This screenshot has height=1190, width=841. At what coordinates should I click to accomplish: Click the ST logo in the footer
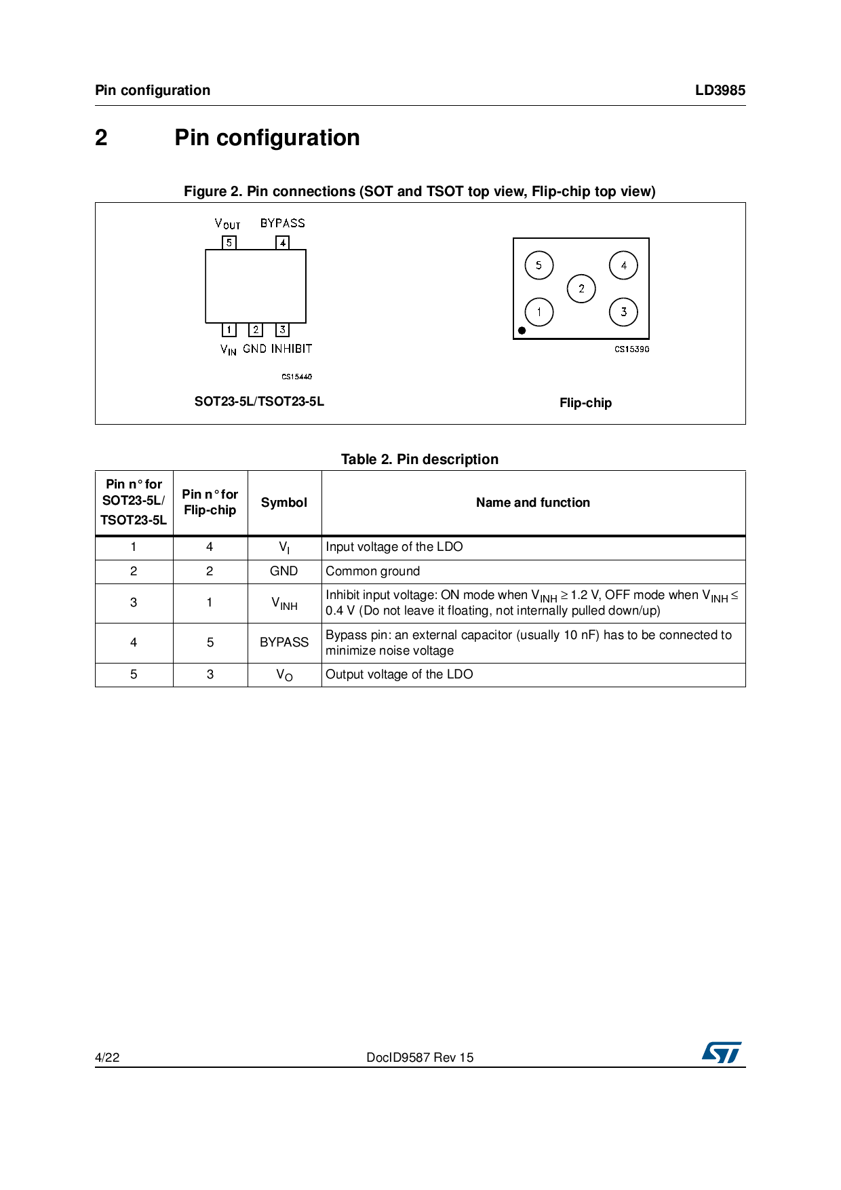pos(722,1052)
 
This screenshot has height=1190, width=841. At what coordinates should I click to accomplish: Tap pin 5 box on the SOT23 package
pos(229,242)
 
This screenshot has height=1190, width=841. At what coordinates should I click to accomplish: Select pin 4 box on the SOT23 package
pos(283,242)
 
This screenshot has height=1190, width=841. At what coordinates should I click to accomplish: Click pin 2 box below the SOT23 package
pos(256,330)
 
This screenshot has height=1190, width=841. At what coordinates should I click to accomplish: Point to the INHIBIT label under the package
pos(292,349)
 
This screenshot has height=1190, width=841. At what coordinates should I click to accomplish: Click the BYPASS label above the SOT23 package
pos(283,223)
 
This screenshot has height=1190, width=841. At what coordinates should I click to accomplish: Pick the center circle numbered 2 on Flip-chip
pos(581,288)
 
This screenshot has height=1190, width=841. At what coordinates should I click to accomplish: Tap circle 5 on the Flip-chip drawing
pos(539,265)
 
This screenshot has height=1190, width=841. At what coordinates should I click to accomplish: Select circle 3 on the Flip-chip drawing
pos(623,312)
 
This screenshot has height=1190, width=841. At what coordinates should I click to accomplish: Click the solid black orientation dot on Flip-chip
pos(522,330)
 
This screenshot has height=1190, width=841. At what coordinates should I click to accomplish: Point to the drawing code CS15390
pos(631,349)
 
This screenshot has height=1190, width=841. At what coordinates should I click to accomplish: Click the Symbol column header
pos(284,503)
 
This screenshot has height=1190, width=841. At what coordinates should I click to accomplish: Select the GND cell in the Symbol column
pos(284,571)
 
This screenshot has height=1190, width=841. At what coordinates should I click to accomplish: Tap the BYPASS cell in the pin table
pos(284,642)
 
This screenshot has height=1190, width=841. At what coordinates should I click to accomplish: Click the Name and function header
pos(533,503)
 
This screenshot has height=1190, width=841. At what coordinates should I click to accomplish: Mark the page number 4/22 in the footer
pos(107,1057)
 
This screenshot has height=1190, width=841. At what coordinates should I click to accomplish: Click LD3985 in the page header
pos(720,90)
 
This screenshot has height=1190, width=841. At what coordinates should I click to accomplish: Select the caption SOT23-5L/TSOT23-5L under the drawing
pos(259,402)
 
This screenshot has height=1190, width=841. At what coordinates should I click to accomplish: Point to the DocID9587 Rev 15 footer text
pos(420,1057)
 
